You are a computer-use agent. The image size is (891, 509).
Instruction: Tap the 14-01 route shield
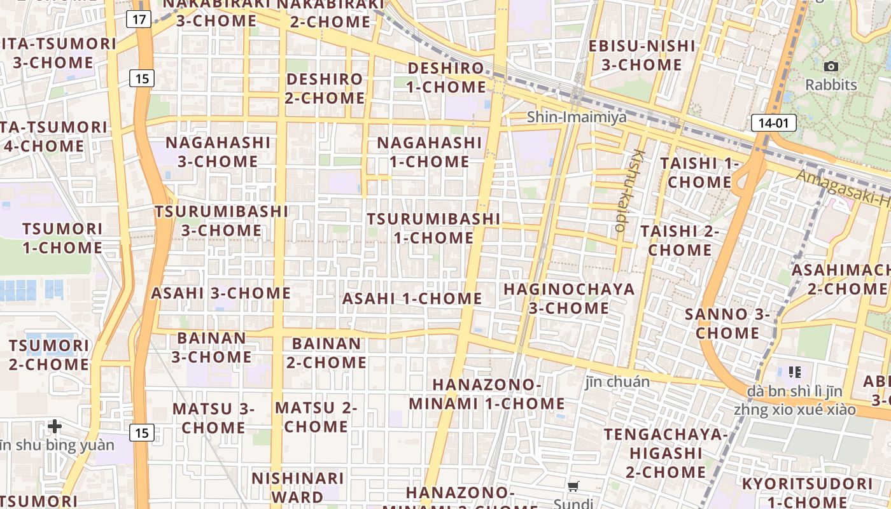pyautogui.click(x=773, y=123)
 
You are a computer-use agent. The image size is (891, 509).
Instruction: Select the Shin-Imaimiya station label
pyautogui.click(x=577, y=117)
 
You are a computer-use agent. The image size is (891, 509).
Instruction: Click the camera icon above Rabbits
pyautogui.click(x=831, y=66)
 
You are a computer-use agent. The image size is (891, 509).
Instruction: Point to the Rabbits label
pyautogui.click(x=831, y=85)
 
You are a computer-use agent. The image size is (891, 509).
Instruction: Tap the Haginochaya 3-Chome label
pyautogui.click(x=569, y=298)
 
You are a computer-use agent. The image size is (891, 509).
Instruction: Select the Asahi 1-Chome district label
pyautogui.click(x=412, y=298)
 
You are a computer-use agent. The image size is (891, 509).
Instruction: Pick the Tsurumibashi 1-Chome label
pyautogui.click(x=433, y=228)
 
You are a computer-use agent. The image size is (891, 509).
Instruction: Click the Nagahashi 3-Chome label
pyautogui.click(x=218, y=151)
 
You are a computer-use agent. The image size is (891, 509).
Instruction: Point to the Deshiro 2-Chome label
pyautogui.click(x=325, y=88)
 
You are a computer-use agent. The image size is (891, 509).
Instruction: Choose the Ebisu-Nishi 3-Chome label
pyautogui.click(x=642, y=55)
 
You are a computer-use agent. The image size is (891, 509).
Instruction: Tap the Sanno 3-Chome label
pyautogui.click(x=727, y=323)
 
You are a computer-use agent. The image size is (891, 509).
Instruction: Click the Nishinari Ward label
pyautogui.click(x=298, y=487)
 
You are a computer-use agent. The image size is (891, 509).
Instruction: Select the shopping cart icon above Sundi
pyautogui.click(x=573, y=487)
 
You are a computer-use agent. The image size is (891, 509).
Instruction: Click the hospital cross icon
pyautogui.click(x=55, y=426)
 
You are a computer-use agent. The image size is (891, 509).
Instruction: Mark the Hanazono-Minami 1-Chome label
pyautogui.click(x=487, y=394)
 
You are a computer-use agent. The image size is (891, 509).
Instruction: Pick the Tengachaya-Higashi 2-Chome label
pyautogui.click(x=666, y=453)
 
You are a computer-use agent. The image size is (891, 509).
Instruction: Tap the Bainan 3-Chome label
pyautogui.click(x=212, y=347)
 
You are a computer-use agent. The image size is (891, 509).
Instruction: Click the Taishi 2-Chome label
pyautogui.click(x=680, y=240)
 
